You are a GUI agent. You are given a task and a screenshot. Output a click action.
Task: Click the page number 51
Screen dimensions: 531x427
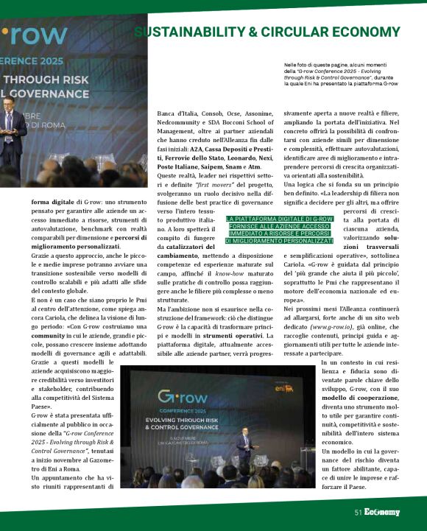click(359, 512)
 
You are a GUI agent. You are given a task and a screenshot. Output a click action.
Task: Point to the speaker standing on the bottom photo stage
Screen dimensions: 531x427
click(245, 443)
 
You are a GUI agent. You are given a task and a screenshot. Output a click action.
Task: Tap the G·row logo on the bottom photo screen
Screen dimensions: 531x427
click(181, 397)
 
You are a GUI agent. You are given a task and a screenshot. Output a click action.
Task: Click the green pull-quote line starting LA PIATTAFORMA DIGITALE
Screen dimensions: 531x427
click(269, 219)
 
